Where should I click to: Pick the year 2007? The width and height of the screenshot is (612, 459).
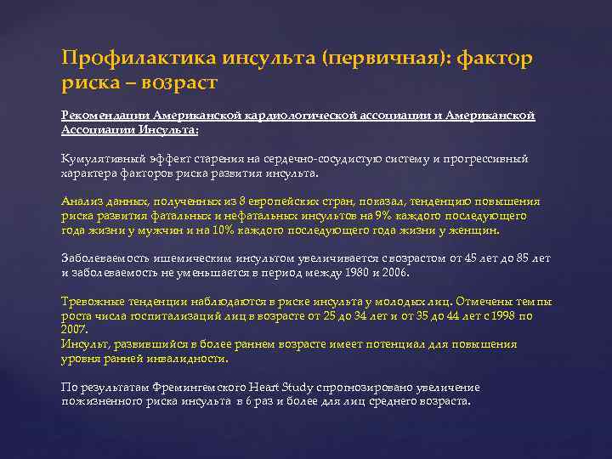coord(75,328)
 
